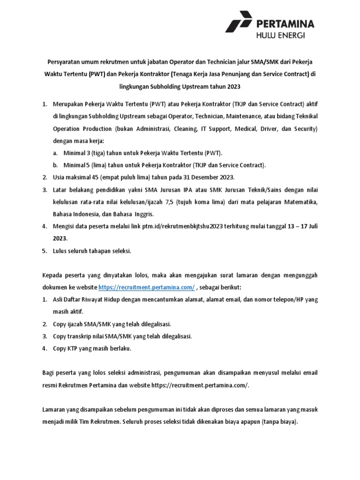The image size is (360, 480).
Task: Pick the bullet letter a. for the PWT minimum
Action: pos(55,153)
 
